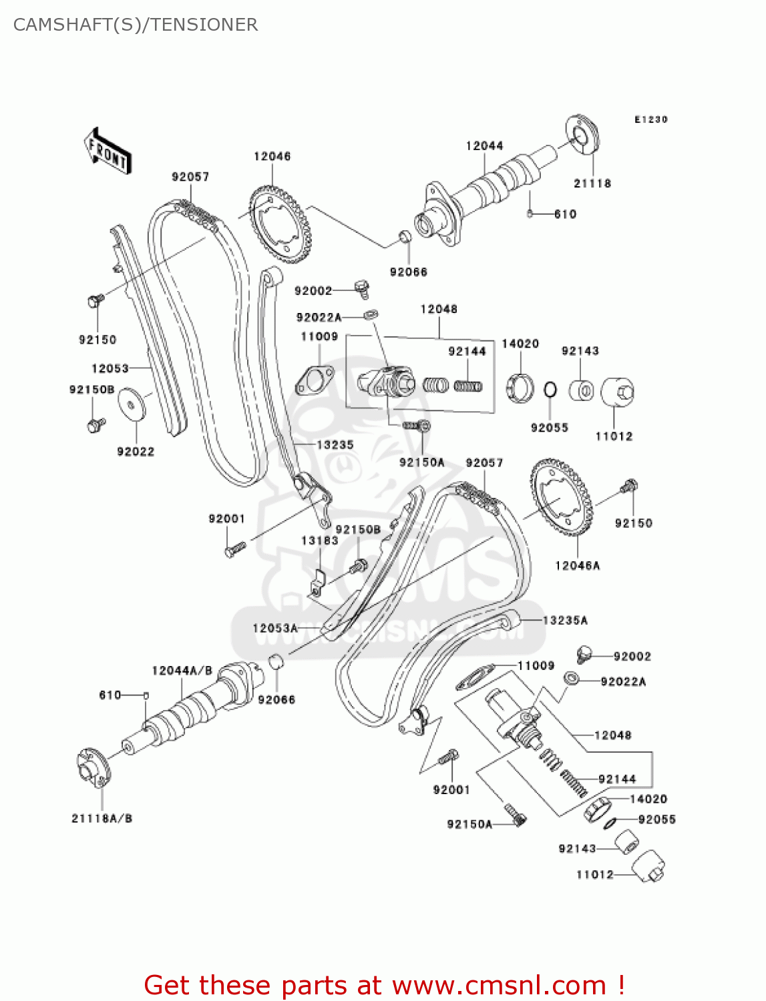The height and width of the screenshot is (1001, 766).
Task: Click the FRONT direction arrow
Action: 108,151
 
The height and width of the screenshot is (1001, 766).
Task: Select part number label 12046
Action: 272,156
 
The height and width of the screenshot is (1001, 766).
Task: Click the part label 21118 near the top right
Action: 592,184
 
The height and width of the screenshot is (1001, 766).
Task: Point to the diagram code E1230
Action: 650,119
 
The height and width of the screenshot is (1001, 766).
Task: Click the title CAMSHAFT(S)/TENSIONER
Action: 136,25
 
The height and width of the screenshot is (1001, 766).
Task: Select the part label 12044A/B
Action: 182,671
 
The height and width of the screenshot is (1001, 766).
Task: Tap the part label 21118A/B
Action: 102,818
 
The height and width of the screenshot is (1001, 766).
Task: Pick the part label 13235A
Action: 565,621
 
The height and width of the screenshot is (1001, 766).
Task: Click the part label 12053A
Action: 274,628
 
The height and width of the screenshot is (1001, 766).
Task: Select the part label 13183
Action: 319,541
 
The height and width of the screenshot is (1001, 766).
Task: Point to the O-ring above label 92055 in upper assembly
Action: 550,390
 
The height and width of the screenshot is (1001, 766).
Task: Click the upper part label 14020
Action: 520,344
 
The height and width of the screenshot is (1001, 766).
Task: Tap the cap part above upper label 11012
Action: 617,392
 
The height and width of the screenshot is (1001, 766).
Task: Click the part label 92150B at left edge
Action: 91,390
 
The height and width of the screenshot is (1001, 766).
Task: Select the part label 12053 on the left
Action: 110,368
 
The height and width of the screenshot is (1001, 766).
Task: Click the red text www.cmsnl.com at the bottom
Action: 498,985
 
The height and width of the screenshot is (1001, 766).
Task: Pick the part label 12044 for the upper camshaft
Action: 484,145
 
